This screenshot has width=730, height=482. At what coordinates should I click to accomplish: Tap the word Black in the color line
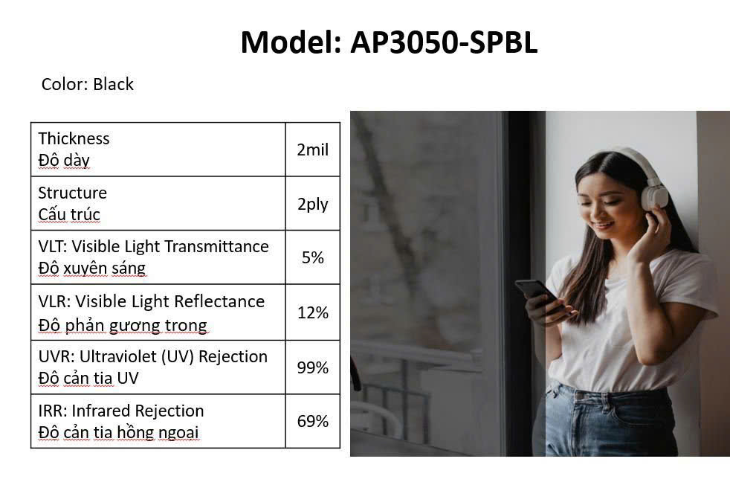(x=113, y=84)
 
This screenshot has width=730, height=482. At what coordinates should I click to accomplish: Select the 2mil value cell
(x=313, y=150)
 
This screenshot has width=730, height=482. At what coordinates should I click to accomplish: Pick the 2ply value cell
(x=313, y=204)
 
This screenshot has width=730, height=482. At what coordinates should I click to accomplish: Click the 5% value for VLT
(x=313, y=257)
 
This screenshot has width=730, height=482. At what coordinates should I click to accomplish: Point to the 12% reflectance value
(x=313, y=312)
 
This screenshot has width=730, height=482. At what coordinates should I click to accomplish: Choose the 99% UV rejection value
(x=313, y=367)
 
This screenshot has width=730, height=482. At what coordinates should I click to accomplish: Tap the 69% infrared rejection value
(x=313, y=421)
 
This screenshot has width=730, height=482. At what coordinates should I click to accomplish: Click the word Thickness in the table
(x=74, y=138)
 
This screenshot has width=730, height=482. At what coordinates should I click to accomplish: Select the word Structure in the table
(x=73, y=193)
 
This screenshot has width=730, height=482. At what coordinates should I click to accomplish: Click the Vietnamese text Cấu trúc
(x=69, y=214)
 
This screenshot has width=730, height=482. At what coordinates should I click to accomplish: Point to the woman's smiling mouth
(x=603, y=226)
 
